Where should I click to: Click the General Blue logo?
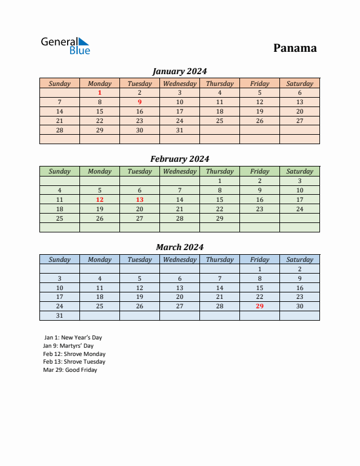click(x=65, y=45)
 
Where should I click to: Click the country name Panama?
click(x=295, y=48)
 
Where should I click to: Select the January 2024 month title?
click(x=179, y=71)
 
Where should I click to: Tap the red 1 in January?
click(x=99, y=92)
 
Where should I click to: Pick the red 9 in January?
click(x=139, y=102)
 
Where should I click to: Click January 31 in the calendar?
click(x=179, y=130)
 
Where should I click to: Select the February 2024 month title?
click(x=179, y=159)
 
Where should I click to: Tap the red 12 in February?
click(x=99, y=199)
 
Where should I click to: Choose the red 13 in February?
click(x=139, y=199)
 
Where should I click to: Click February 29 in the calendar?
click(x=219, y=218)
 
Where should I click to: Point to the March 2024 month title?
click(x=179, y=247)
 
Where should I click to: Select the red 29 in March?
click(x=259, y=306)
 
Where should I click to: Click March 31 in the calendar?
click(x=59, y=315)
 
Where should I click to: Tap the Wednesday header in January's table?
click(x=179, y=84)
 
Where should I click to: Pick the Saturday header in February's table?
click(x=299, y=171)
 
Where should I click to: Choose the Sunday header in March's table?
click(x=59, y=259)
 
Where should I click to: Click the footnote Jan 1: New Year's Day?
click(x=72, y=338)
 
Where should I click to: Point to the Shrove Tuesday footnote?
click(x=74, y=362)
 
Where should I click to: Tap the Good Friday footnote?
click(x=70, y=370)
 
